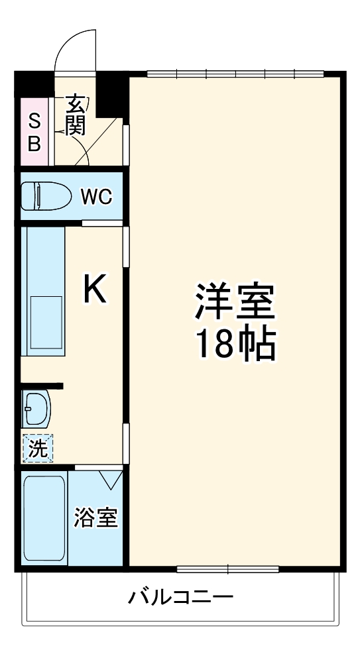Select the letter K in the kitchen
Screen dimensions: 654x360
pos(95,290)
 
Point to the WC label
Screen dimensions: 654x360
pos(97,196)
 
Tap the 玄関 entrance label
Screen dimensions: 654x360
pos(76,115)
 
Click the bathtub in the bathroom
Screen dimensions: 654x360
pos(44,518)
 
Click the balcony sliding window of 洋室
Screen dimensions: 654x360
pos(227,568)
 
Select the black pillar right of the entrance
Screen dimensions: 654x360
pos(111,93)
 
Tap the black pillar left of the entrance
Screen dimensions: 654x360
pos(34,83)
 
